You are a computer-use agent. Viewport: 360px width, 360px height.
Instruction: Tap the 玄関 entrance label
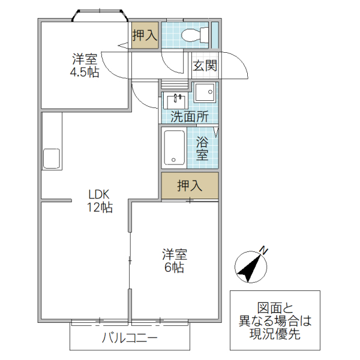pyautogui.click(x=205, y=66)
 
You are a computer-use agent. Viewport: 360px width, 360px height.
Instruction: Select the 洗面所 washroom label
pyautogui.click(x=189, y=117)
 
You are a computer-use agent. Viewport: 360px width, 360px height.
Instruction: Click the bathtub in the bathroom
pyautogui.click(x=175, y=147)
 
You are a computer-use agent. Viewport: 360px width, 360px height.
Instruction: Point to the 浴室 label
pyautogui.click(x=203, y=148)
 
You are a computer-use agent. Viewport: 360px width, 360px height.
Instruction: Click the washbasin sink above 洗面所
pyautogui.click(x=177, y=100)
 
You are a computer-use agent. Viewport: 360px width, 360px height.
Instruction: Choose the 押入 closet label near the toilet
pyautogui.click(x=145, y=35)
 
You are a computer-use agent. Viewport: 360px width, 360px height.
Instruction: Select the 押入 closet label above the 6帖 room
pyautogui.click(x=190, y=186)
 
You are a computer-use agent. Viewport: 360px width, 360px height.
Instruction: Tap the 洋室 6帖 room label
pyautogui.click(x=175, y=260)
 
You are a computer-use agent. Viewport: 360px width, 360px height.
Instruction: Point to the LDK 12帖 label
pyautogui.click(x=100, y=201)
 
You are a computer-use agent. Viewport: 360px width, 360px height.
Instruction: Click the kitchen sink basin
pyautogui.click(x=51, y=159)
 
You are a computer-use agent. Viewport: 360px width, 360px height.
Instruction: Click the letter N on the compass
pyautogui.click(x=263, y=250)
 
